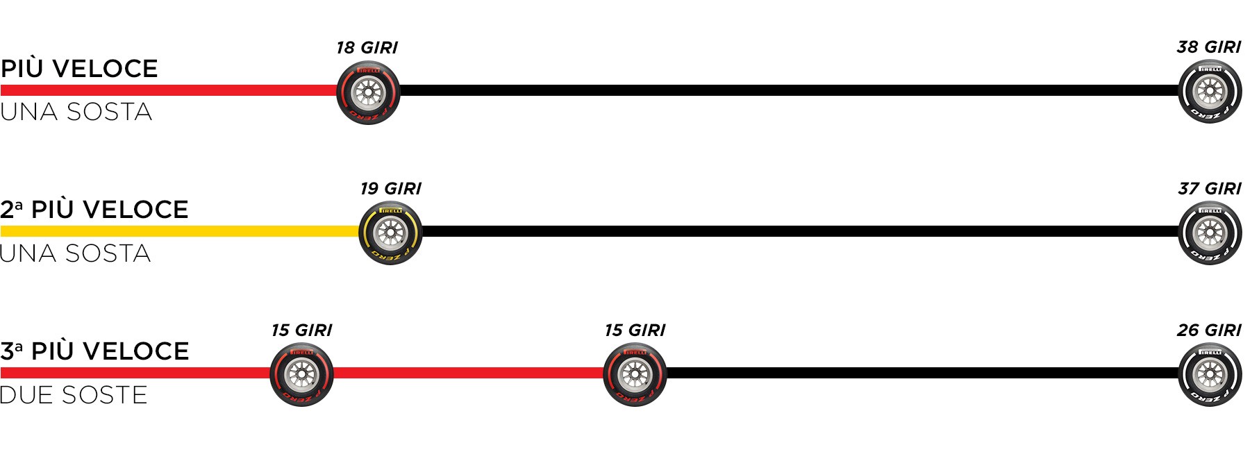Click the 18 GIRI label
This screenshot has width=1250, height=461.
coord(367,48)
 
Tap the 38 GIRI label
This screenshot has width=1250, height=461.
coord(1209,47)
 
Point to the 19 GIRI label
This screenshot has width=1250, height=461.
coord(391,189)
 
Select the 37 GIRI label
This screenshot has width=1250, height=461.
coord(1210,189)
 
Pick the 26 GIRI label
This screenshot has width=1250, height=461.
coord(1209,330)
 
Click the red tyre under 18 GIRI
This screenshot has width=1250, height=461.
coord(368,92)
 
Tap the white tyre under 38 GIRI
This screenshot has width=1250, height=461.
coord(1210,92)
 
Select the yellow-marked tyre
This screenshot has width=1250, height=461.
coord(390,233)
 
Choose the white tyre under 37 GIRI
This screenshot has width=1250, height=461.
coord(1210,233)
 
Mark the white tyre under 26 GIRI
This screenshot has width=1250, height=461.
coord(1210,374)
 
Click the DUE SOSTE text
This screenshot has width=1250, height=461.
coord(74,395)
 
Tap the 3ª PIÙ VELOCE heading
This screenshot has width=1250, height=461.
coord(94,351)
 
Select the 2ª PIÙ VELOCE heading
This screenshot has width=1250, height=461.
coord(94,210)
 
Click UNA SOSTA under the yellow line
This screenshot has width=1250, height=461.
coord(76,253)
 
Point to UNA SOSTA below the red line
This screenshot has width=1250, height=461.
coord(76,112)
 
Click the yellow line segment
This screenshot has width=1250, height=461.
coord(180,231)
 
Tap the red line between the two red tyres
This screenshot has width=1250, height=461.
coord(468,373)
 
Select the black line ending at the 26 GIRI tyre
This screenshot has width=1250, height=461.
coord(922,373)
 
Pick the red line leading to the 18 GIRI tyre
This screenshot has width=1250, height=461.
coord(169,90)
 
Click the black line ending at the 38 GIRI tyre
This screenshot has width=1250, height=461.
coord(789,90)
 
